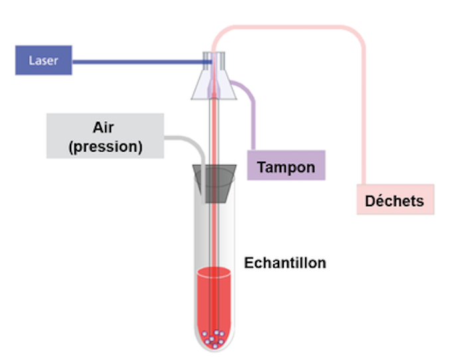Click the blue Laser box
point(43,61)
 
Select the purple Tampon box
point(286,165)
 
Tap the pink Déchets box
point(395,200)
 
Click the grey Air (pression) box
point(105,136)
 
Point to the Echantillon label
point(284,262)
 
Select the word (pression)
point(105,146)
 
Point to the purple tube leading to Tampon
point(251,113)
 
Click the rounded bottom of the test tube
point(214,347)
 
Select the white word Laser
point(43,61)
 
